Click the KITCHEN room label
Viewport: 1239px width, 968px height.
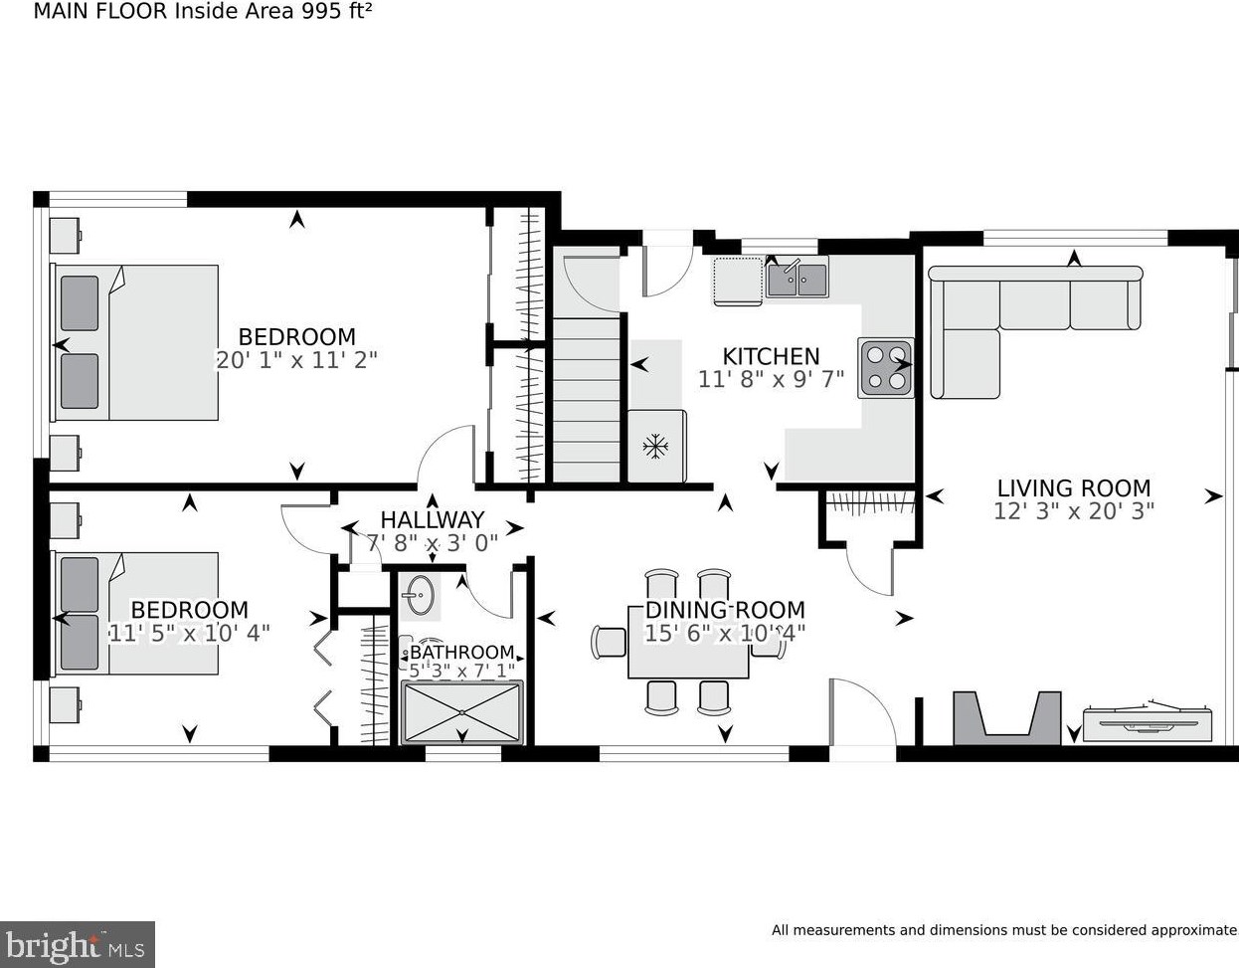(771, 356)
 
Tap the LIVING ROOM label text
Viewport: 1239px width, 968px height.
(1074, 488)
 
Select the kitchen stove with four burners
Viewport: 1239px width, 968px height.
(885, 368)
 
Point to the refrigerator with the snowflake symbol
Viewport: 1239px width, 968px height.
(657, 446)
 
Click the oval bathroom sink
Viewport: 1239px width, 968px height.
(421, 596)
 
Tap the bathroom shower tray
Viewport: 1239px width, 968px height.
(461, 712)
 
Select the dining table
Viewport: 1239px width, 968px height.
(688, 643)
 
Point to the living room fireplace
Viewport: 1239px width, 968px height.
(1007, 718)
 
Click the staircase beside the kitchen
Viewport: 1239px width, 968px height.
(586, 400)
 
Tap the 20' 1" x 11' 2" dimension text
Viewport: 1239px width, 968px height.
(296, 360)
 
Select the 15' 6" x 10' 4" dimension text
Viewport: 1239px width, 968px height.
(725, 633)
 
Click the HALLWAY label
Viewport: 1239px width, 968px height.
(433, 519)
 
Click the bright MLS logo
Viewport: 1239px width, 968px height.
(77, 944)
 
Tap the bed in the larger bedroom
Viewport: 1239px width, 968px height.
(134, 342)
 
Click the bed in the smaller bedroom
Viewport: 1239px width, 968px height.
(134, 613)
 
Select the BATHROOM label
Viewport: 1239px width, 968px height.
(462, 652)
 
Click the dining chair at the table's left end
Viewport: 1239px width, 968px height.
(609, 642)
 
